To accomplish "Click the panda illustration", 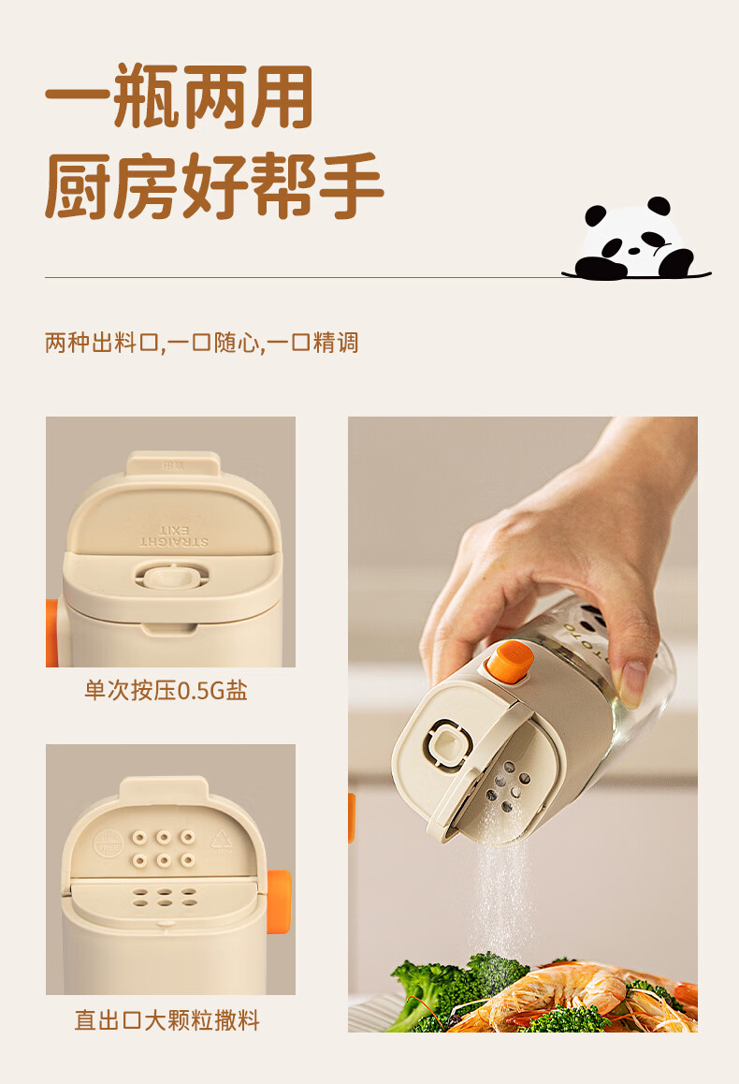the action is (636, 240).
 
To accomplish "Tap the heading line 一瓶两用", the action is (179, 96).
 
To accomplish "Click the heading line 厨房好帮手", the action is (214, 185).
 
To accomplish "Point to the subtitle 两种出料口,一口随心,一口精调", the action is (202, 343).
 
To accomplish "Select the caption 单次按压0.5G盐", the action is (166, 690).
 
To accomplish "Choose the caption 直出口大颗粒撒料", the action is (167, 1019).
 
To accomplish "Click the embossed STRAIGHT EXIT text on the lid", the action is (173, 536).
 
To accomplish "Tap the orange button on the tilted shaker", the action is (510, 661).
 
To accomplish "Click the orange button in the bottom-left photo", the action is (279, 901).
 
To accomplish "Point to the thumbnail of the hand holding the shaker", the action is (522, 724).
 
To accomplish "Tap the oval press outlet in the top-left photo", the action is (171, 575).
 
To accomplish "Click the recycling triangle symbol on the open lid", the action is (221, 842).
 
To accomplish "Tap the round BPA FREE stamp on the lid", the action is (108, 842).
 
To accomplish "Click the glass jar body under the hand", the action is (608, 664).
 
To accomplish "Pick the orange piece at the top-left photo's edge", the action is (51, 633).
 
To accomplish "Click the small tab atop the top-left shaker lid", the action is (173, 464).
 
